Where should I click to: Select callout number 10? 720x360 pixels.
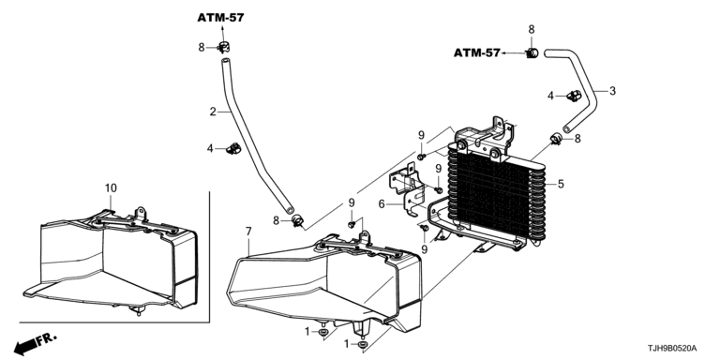pyautogui.click(x=111, y=187)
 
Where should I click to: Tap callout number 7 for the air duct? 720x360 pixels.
pyautogui.click(x=248, y=232)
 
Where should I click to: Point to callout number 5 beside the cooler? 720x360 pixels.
pyautogui.click(x=561, y=184)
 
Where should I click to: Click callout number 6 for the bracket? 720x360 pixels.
pyautogui.click(x=382, y=203)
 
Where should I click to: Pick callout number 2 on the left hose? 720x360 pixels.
pyautogui.click(x=213, y=112)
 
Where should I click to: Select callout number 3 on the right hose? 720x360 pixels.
pyautogui.click(x=612, y=91)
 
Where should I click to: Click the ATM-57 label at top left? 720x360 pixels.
pyautogui.click(x=221, y=18)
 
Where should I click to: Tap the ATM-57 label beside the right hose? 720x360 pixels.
pyautogui.click(x=476, y=52)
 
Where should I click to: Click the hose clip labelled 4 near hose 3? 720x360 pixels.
pyautogui.click(x=574, y=96)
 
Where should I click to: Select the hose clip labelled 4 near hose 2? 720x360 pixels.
pyautogui.click(x=234, y=148)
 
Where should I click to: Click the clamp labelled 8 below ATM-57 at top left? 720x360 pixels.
pyautogui.click(x=224, y=47)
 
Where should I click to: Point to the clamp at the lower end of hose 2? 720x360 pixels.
pyautogui.click(x=297, y=221)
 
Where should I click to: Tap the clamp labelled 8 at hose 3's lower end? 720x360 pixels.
pyautogui.click(x=556, y=138)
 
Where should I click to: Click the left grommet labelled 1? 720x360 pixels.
pyautogui.click(x=323, y=332)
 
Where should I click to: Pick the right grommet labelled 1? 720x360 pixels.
pyautogui.click(x=362, y=344)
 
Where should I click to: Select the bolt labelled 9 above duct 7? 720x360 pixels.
pyautogui.click(x=352, y=224)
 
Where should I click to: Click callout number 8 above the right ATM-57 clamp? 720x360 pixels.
pyautogui.click(x=532, y=29)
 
